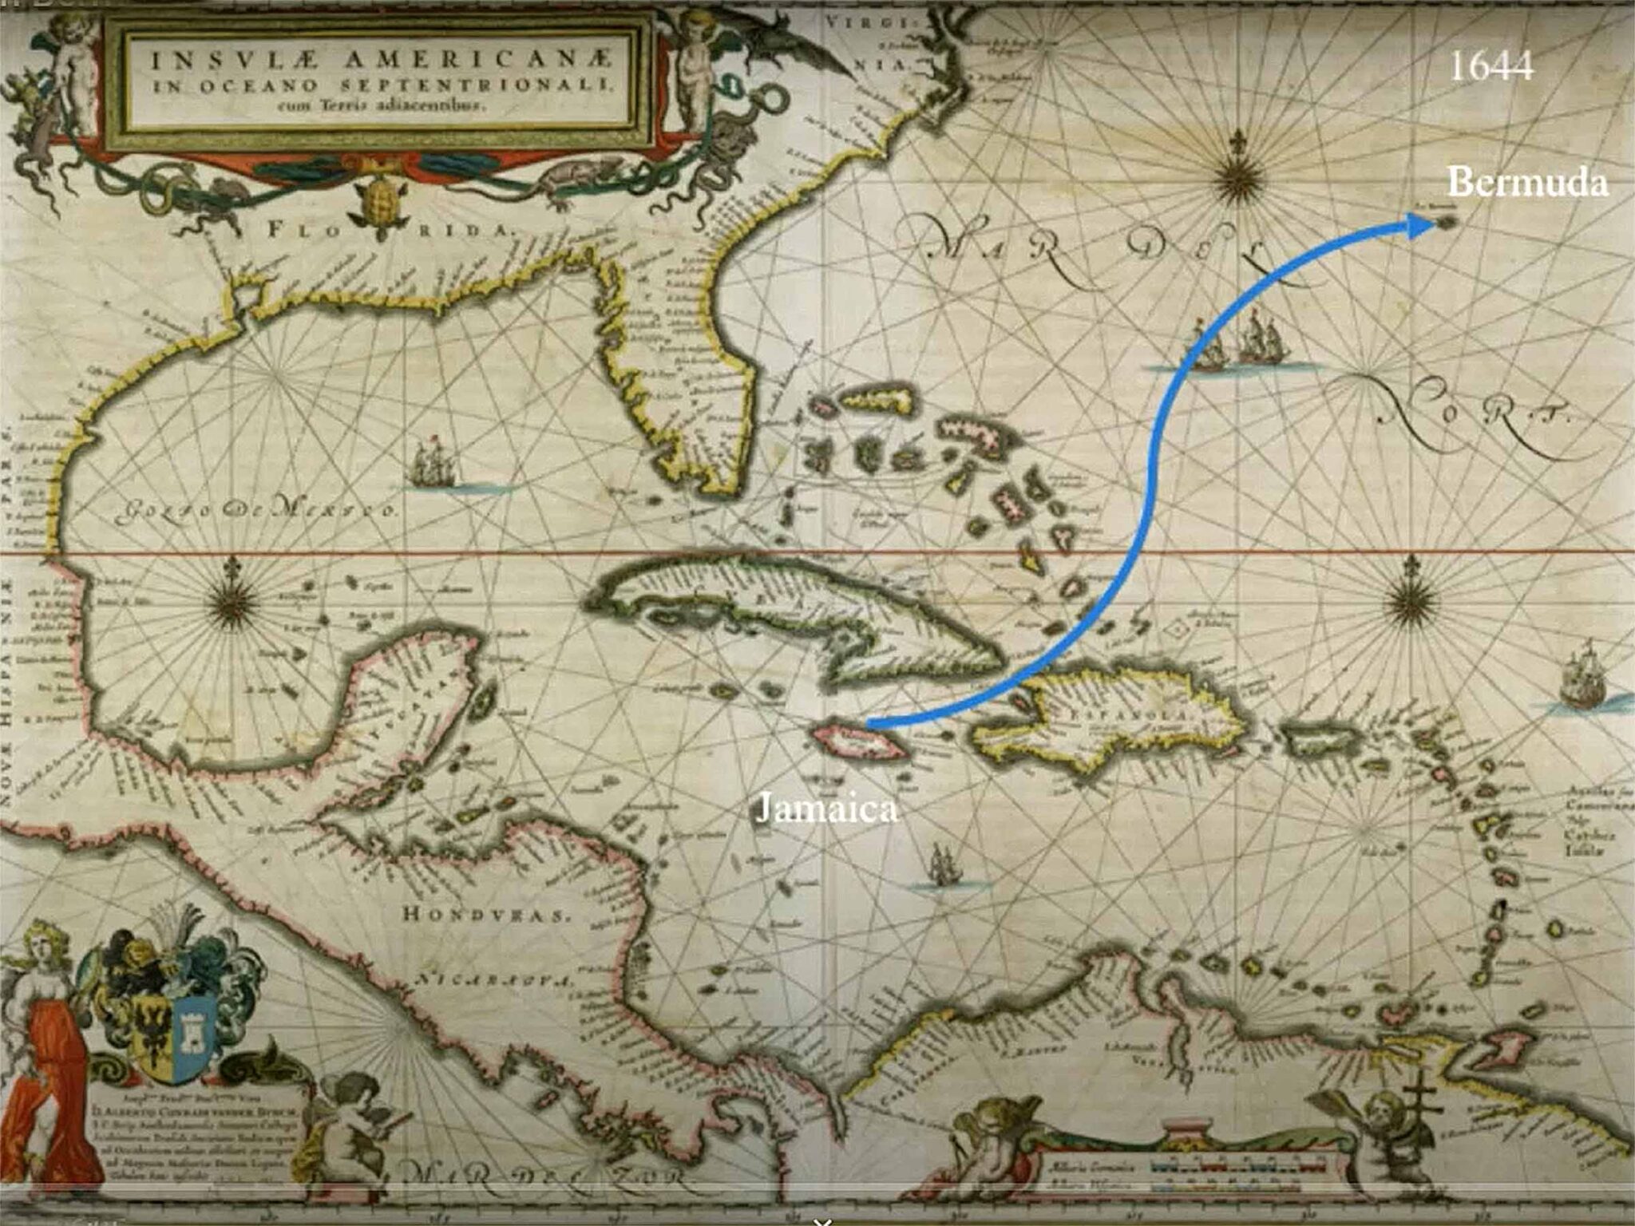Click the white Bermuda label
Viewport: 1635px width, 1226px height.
[x=1526, y=183]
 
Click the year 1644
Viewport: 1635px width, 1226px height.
[x=1491, y=66]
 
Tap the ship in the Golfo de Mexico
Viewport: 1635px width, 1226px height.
[x=432, y=463]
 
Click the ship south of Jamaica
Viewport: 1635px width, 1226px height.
[x=942, y=866]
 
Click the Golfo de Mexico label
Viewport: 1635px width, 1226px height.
[x=255, y=509]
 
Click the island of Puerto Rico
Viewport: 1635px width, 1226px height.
[x=1316, y=739]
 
